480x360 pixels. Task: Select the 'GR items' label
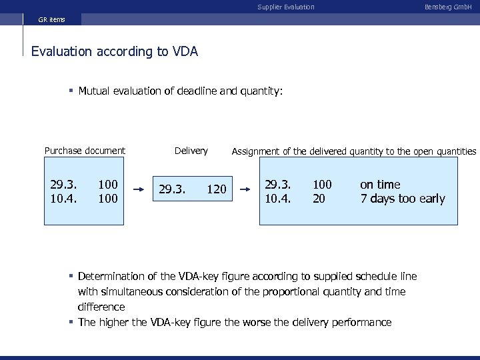pos(51,19)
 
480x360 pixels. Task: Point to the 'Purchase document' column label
pos(85,151)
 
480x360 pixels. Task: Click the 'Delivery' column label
pos(191,151)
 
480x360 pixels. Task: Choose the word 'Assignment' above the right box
pos(255,151)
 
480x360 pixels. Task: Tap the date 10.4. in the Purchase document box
pos(64,199)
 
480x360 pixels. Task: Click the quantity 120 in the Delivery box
pos(216,190)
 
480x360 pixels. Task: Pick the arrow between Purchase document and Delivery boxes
pos(139,189)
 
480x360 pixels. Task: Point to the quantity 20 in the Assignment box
pos(319,199)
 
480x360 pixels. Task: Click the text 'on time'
pos(380,184)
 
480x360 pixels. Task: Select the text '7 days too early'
pos(402,199)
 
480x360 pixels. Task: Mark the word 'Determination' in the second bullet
pos(111,276)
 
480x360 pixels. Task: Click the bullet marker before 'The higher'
pos(71,323)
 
